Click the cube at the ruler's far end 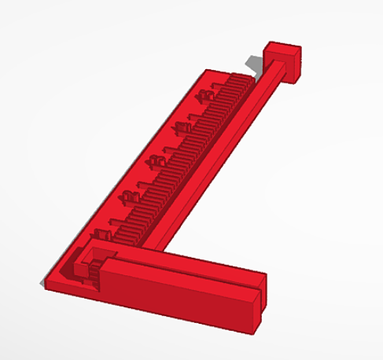(282, 61)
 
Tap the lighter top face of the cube (281, 49)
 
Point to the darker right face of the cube (296, 66)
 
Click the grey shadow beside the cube (254, 62)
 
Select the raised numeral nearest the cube (205, 95)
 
